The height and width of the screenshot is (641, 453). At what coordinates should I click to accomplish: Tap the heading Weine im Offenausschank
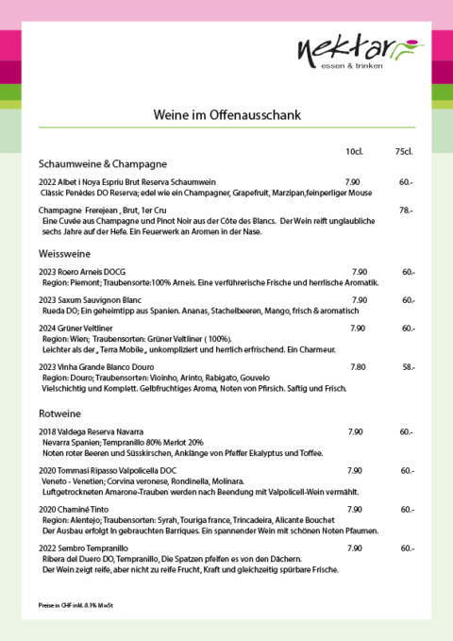[226, 114]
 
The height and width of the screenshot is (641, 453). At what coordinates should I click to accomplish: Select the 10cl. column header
[355, 151]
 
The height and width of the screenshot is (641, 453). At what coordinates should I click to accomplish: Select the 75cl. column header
[404, 151]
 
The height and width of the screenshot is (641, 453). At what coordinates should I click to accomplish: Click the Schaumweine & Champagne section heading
[103, 162]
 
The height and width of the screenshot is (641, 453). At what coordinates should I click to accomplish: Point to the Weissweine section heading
[64, 253]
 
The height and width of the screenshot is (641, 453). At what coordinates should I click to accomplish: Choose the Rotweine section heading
[59, 413]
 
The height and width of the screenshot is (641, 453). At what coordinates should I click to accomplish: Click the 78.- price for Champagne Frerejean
[406, 210]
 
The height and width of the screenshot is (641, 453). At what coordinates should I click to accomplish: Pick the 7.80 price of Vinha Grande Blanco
[359, 366]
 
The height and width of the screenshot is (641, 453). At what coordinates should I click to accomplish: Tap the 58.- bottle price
[409, 366]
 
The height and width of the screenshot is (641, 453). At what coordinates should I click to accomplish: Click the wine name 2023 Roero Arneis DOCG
[81, 272]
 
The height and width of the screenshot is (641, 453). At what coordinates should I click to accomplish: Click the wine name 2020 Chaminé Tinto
[78, 509]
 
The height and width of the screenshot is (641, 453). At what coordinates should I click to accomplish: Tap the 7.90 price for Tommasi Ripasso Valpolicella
[355, 470]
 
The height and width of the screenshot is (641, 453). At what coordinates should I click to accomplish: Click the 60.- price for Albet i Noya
[406, 182]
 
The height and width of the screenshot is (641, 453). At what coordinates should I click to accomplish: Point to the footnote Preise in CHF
[69, 603]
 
